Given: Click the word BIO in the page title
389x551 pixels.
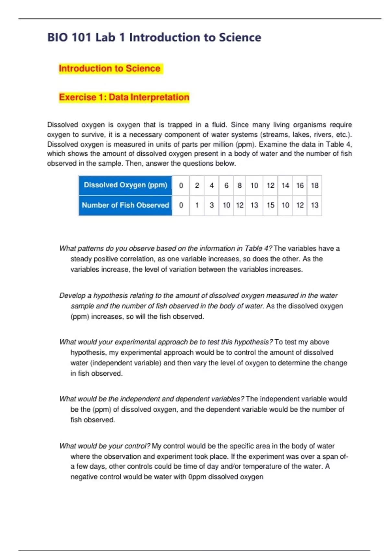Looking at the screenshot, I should [x=57, y=37].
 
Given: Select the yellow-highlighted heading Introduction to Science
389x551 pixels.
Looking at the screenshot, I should [x=110, y=68].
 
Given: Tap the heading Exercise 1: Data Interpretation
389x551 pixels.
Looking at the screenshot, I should [x=124, y=97].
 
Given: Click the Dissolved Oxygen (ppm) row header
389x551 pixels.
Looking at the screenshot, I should [x=125, y=185].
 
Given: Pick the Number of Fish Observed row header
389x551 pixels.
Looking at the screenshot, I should [x=125, y=205].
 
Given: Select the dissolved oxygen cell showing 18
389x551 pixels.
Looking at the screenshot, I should [x=314, y=185].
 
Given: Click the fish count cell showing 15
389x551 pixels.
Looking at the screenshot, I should [x=270, y=205].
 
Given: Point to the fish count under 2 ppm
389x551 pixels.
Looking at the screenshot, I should [x=197, y=205].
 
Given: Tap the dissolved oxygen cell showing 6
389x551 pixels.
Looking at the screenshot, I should [x=226, y=185].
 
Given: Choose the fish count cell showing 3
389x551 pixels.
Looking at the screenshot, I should [x=212, y=205].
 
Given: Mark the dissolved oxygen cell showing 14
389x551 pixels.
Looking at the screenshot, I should [x=285, y=185].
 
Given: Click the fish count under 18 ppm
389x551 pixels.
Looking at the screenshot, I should [x=314, y=205].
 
